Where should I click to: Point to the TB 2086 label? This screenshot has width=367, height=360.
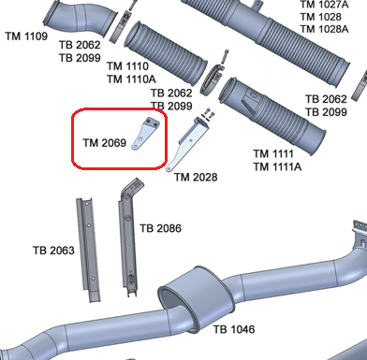click(x=160, y=228)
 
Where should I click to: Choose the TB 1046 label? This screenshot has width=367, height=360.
click(x=233, y=329)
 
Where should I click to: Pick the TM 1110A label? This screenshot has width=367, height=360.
click(x=132, y=80)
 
